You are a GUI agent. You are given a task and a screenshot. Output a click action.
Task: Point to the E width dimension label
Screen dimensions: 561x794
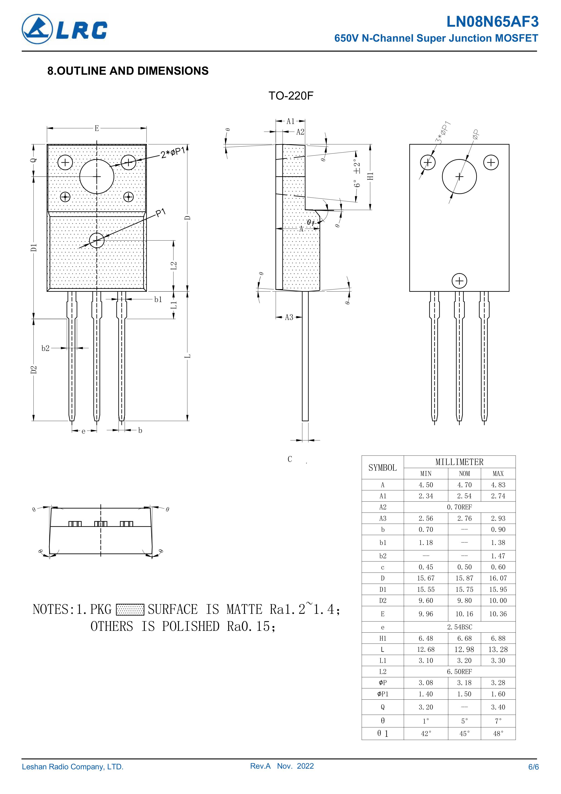(97, 129)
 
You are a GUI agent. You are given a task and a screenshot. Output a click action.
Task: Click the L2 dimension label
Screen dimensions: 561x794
(174, 265)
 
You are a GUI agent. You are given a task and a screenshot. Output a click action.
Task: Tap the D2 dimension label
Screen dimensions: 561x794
(33, 369)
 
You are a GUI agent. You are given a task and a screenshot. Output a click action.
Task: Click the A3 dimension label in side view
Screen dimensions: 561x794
(289, 317)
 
